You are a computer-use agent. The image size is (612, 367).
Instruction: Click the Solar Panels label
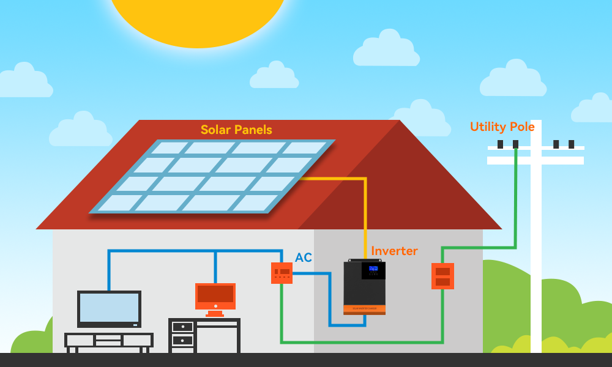point(236,130)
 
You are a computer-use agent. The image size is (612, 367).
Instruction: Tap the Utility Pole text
point(502,127)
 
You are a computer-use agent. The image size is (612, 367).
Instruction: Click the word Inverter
point(394,251)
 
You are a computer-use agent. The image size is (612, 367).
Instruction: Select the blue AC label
point(304,258)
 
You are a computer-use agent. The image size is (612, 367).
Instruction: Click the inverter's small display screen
point(373,270)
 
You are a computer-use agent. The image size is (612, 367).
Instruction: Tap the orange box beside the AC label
point(282,273)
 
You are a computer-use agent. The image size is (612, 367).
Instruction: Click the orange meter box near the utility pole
point(442,276)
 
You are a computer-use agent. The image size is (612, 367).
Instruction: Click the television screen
point(109,308)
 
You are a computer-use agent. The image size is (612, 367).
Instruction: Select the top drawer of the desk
point(182,327)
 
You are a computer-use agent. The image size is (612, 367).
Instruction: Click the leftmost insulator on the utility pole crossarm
point(500,144)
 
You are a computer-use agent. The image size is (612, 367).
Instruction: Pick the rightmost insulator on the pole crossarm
point(571,144)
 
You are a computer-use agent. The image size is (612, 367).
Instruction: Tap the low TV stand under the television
point(109,340)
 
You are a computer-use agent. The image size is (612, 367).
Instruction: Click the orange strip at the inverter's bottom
point(364,313)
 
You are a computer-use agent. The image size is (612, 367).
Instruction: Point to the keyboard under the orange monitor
point(215,315)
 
